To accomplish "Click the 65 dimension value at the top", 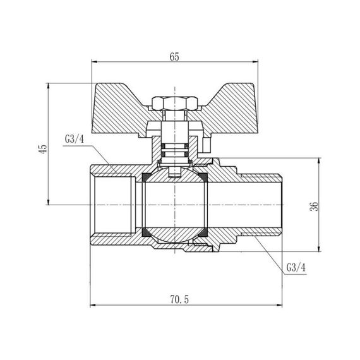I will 175,56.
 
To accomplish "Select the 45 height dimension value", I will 42,149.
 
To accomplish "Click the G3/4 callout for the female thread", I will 74,140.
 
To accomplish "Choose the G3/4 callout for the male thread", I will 295,267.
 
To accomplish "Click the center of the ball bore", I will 173,205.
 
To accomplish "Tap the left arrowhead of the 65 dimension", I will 95,63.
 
